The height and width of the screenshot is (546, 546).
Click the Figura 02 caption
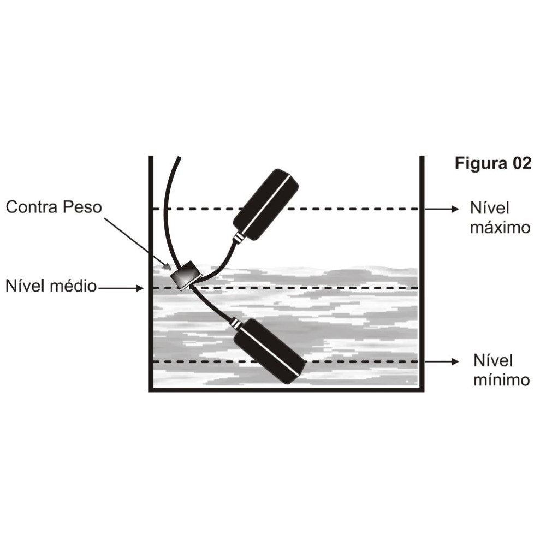click(492, 164)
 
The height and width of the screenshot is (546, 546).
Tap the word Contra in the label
click(31, 207)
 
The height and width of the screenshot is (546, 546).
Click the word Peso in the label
click(82, 207)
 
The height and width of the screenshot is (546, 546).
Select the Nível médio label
click(51, 286)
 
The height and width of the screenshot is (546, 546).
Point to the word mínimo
click(501, 379)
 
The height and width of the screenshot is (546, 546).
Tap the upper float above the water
click(266, 204)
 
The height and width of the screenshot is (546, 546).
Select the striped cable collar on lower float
click(235, 324)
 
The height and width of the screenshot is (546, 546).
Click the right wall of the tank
click(422, 273)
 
